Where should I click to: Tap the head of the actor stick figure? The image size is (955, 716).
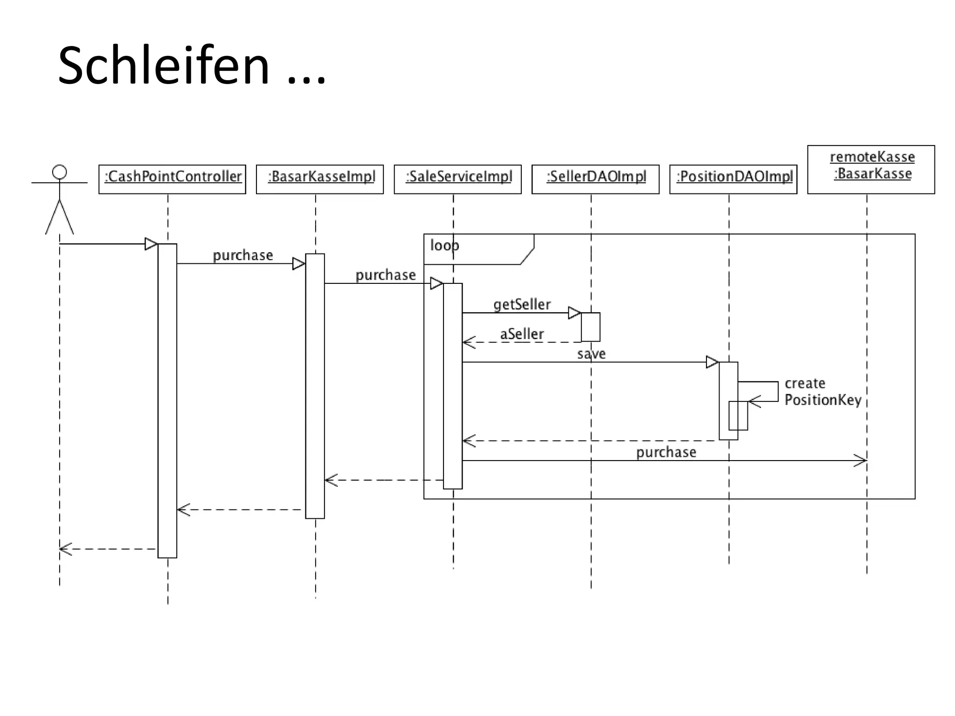[x=59, y=172]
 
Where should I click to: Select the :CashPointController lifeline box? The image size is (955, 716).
[x=172, y=179]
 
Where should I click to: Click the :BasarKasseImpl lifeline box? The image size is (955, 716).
[x=320, y=179]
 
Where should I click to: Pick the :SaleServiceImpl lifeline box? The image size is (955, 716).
[x=457, y=179]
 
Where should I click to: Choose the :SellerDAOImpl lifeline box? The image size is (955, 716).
[x=595, y=179]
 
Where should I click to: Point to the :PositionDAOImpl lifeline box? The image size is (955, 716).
[x=733, y=179]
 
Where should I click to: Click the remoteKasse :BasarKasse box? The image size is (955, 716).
[x=871, y=169]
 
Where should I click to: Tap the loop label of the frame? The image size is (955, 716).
[x=444, y=245]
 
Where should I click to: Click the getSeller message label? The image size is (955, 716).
[x=522, y=304]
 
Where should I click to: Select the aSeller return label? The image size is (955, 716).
[x=522, y=334]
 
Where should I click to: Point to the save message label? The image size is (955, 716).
[x=591, y=354]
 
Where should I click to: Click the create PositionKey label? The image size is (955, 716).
[x=823, y=392]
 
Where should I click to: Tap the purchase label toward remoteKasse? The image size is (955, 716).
[x=666, y=452]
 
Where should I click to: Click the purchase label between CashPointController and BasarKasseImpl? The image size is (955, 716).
[x=243, y=255]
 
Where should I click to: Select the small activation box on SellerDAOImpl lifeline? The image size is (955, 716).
[x=590, y=327]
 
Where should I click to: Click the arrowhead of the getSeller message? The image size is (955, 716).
[x=574, y=313]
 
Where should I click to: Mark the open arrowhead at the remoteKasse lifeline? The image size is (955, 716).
[x=861, y=461]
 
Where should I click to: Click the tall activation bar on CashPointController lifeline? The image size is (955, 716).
[x=167, y=401]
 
